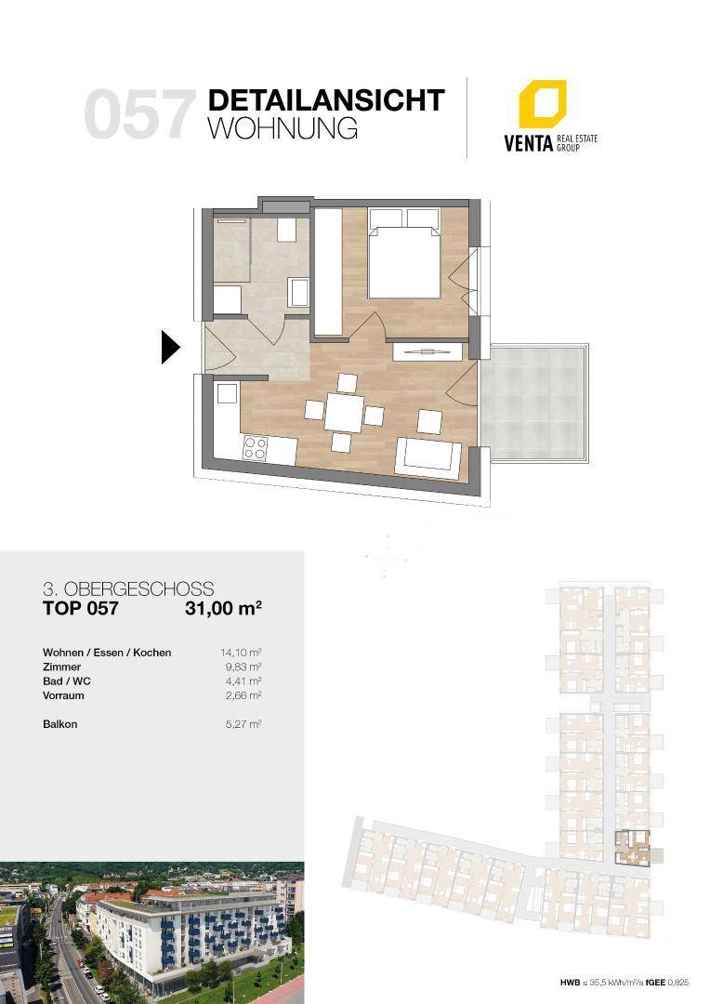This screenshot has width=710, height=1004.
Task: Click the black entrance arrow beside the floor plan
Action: click(x=170, y=348)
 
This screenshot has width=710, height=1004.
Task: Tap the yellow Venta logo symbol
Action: click(x=542, y=104)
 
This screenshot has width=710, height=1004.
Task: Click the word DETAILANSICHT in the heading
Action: click(x=326, y=100)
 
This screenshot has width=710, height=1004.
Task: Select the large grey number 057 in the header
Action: click(x=138, y=114)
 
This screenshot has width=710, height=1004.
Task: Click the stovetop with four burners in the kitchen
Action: click(x=254, y=447)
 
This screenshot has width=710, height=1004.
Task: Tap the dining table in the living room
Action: click(x=344, y=413)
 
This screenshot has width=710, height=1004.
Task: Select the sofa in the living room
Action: click(x=428, y=456)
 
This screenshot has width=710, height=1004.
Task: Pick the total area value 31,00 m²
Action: click(x=223, y=608)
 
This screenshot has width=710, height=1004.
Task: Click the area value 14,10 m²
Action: click(x=241, y=653)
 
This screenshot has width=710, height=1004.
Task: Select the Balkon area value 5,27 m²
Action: click(x=243, y=724)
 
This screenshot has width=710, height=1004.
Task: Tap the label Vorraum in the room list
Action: click(x=63, y=695)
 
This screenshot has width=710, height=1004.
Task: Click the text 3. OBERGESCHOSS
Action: click(x=128, y=589)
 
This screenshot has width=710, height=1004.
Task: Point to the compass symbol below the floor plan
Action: click(x=386, y=557)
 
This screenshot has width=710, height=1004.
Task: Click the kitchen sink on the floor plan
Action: click(x=227, y=393)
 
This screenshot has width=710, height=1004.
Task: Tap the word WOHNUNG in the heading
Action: click(x=283, y=128)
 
